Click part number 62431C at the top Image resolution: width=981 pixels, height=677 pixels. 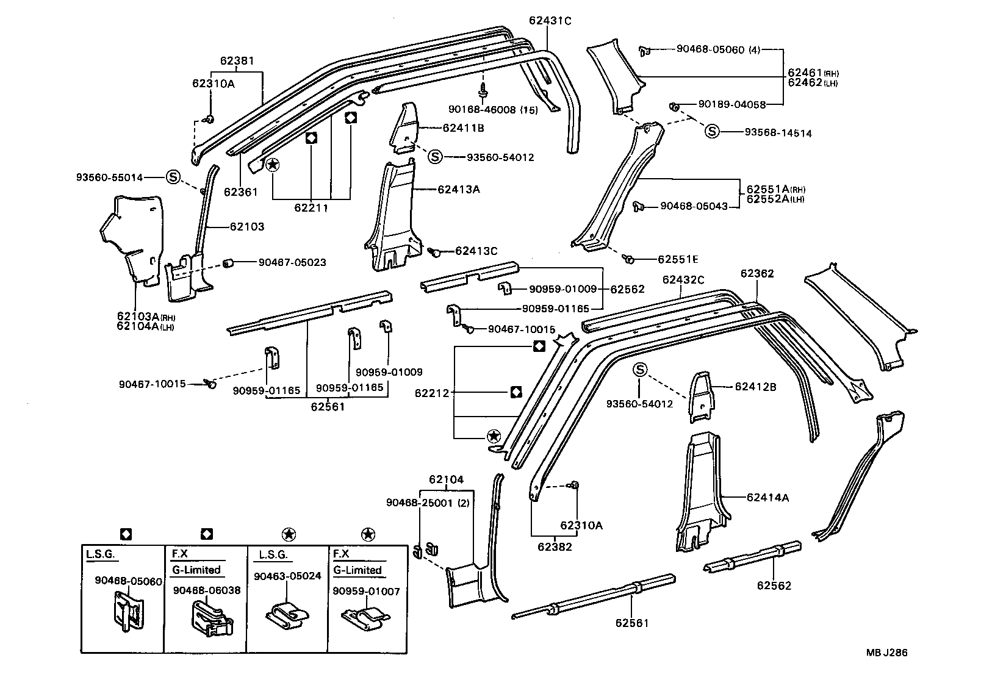click(550, 21)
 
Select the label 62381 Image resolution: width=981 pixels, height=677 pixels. click(237, 61)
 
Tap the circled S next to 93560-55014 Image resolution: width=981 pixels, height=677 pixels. click(173, 177)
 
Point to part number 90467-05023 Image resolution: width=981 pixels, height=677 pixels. click(292, 262)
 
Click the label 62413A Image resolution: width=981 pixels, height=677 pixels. click(458, 189)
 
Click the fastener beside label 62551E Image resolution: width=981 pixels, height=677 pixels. click(630, 259)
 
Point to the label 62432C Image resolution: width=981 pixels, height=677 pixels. click(683, 280)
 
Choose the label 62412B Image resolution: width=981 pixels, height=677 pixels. click(755, 386)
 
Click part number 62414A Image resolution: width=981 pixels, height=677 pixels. click(767, 497)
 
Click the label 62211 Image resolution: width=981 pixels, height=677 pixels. click(311, 208)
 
